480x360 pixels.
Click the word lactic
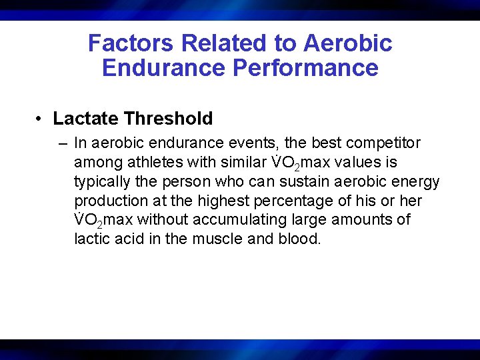(x=91, y=239)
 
